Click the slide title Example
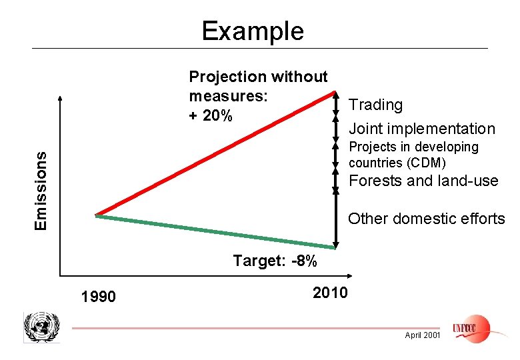(x=253, y=31)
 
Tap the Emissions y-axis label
(x=41, y=190)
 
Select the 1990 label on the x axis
(x=97, y=296)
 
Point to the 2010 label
(x=329, y=293)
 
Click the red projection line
(x=213, y=153)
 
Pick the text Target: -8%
(x=275, y=261)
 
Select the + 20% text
(x=211, y=116)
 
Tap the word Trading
(x=376, y=105)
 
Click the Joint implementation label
(x=422, y=129)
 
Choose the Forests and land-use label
(x=423, y=181)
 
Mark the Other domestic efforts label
(x=426, y=219)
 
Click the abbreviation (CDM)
(x=425, y=163)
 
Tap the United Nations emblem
(x=41, y=327)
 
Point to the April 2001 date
(x=422, y=335)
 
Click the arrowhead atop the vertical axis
(x=61, y=98)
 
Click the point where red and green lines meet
(x=97, y=215)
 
